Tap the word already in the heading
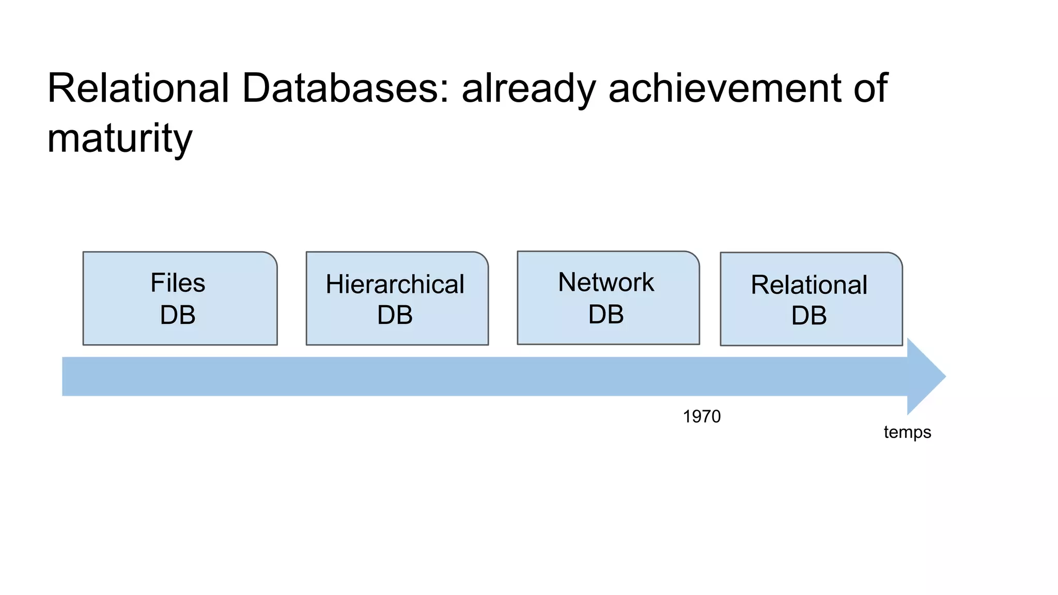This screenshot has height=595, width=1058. coord(528,89)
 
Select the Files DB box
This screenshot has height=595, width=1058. coord(180,299)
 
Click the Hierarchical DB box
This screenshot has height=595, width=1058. coord(397,299)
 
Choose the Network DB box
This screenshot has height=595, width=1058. coord(608,298)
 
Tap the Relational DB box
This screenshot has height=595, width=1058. coord(811,299)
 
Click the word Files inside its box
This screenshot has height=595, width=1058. coord(178,283)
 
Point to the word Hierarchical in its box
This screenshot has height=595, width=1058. coord(395,285)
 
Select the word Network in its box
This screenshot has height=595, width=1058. coord(606,283)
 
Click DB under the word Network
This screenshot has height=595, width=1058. coord(606,315)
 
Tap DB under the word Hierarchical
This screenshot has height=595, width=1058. coord(395,315)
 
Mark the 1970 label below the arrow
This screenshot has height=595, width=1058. coord(702,416)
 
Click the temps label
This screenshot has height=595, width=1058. coord(907,432)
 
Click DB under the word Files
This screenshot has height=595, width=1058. coord(178,315)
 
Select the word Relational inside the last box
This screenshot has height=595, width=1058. coord(809,285)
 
